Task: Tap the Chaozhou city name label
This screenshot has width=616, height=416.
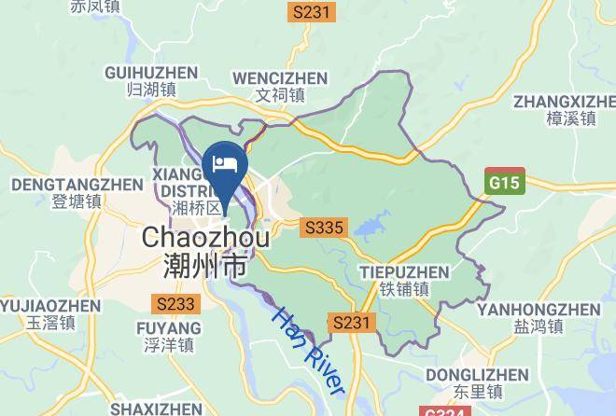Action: (205, 238)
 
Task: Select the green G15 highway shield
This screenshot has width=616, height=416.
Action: (506, 183)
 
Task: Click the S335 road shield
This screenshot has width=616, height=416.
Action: (325, 227)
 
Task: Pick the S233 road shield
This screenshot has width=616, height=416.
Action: (175, 304)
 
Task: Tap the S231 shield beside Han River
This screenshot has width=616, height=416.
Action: (353, 323)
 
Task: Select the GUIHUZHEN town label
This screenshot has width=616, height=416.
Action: (151, 72)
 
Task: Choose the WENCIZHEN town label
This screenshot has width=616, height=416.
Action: (280, 77)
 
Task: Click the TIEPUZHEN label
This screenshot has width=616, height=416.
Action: (404, 272)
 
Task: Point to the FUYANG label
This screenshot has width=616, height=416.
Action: (169, 328)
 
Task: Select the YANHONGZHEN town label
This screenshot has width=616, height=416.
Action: (538, 309)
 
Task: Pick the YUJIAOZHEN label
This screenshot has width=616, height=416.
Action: (50, 305)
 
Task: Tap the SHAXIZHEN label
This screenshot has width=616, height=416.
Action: (156, 409)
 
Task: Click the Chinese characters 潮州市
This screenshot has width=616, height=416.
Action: (205, 268)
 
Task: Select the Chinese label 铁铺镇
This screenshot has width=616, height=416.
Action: (404, 289)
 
